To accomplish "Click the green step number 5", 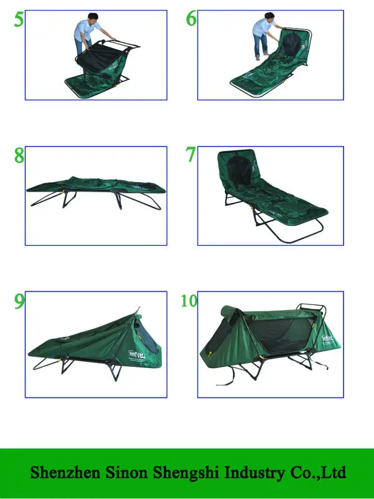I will [x=19, y=19].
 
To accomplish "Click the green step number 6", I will [x=191, y=19].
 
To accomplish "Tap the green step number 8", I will [x=19, y=155].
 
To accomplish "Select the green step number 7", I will [x=191, y=155].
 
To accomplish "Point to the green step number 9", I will [x=19, y=301].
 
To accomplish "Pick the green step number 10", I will [x=189, y=301].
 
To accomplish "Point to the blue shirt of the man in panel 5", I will [x=87, y=29].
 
